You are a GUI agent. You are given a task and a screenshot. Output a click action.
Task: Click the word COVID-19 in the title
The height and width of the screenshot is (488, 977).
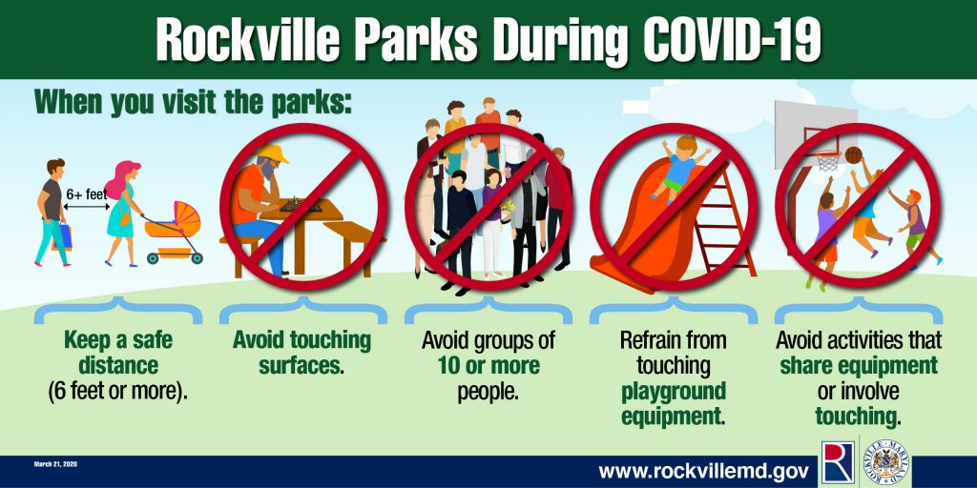tap(732, 40)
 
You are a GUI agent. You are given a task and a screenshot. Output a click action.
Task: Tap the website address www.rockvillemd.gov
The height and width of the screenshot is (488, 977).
tap(704, 471)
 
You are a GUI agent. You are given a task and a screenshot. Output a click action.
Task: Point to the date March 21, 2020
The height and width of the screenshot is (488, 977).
tap(56, 464)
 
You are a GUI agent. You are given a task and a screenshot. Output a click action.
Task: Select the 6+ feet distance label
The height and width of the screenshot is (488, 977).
tap(87, 193)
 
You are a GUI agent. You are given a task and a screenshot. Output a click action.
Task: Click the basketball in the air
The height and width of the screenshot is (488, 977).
tap(853, 155)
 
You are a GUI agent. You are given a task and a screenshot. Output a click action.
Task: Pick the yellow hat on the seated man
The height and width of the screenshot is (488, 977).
tap(273, 153)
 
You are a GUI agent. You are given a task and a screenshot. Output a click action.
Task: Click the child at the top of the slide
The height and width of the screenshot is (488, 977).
tap(681, 167)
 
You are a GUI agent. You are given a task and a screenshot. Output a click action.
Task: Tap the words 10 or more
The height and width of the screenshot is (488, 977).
tap(488, 366)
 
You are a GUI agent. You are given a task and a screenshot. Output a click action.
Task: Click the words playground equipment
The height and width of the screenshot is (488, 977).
tap(674, 403)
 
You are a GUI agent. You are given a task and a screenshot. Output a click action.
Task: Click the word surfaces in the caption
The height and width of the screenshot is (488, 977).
tap(301, 366)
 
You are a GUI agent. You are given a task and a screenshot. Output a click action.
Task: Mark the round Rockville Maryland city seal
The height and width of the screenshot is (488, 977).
tap(885, 462)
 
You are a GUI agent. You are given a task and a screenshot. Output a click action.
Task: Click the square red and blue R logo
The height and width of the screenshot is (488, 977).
tap(838, 462)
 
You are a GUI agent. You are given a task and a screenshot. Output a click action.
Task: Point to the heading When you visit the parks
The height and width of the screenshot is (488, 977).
tap(193, 103)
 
